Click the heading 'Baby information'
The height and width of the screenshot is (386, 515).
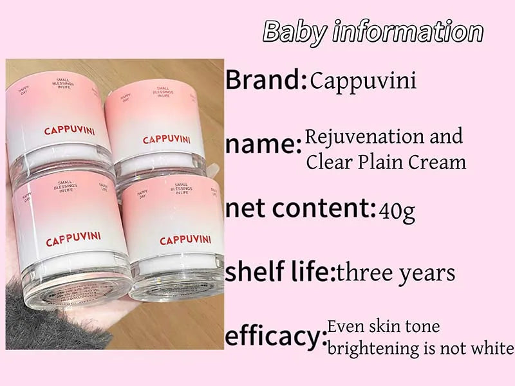pos(373,31)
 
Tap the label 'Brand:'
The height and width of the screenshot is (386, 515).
pos(266,80)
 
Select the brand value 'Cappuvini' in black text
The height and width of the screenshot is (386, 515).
pos(363,81)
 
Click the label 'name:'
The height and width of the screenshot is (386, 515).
pos(263,145)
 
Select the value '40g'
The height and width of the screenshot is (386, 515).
pos(397,210)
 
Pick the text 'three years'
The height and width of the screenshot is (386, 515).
pos(396,273)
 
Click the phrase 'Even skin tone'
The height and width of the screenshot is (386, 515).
pos(384,326)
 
